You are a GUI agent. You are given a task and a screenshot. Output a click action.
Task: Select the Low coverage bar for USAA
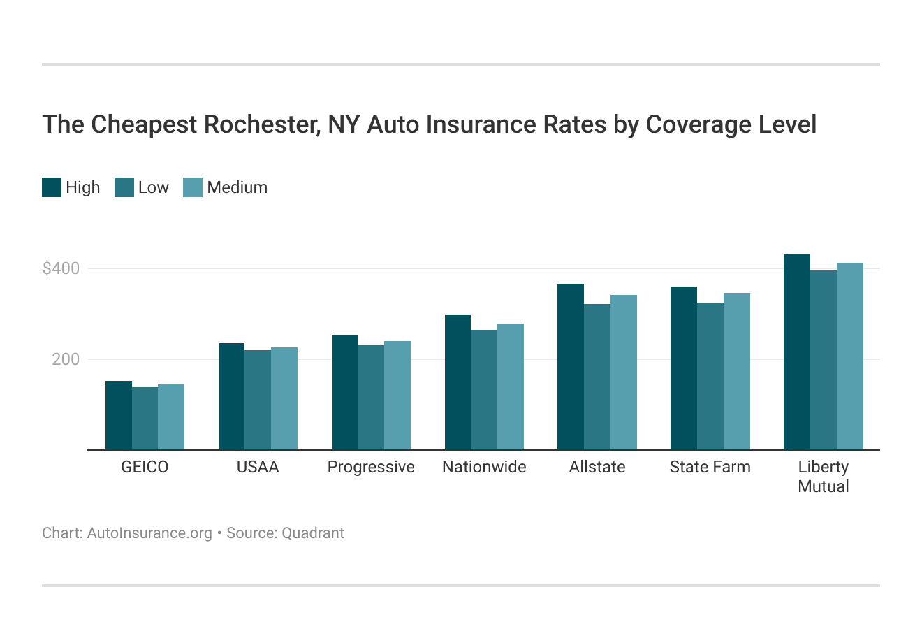point(258,400)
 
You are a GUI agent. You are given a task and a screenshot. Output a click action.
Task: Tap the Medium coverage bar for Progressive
point(397,396)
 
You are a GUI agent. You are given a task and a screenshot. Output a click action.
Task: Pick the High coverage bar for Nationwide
point(458,382)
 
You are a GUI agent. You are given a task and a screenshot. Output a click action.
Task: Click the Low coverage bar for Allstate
point(597,377)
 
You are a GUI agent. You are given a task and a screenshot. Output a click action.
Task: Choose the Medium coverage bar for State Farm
point(737,371)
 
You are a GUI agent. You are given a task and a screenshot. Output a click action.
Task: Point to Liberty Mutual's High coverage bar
point(797,352)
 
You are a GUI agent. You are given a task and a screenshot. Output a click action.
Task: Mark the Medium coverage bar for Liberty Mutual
point(850,356)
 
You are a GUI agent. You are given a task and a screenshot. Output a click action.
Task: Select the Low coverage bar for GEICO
point(145,419)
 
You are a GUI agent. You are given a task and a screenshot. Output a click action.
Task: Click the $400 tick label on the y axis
point(61,268)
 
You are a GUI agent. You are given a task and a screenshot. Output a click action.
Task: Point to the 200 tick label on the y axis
point(66,359)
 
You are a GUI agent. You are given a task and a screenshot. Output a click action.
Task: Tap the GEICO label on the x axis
point(145,467)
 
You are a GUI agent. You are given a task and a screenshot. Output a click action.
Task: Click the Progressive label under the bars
point(371,467)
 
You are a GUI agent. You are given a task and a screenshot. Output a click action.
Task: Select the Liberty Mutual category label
point(824,477)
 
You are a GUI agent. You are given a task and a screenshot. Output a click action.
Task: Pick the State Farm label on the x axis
point(710,467)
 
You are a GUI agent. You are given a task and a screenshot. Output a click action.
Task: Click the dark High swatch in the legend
point(52,187)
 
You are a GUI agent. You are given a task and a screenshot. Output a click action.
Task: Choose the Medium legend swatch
point(193,187)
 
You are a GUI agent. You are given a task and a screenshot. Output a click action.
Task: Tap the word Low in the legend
point(154,187)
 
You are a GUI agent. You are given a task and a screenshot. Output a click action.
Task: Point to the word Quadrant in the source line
point(313,533)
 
